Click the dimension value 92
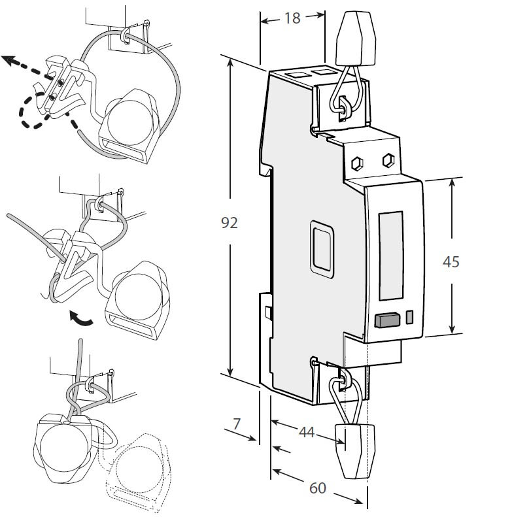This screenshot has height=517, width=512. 229,223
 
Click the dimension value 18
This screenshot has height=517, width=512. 292,18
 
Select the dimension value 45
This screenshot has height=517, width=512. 451,261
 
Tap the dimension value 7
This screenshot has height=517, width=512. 237,424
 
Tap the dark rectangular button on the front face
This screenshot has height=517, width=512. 387,320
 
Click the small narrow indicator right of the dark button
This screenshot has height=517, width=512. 410,317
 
